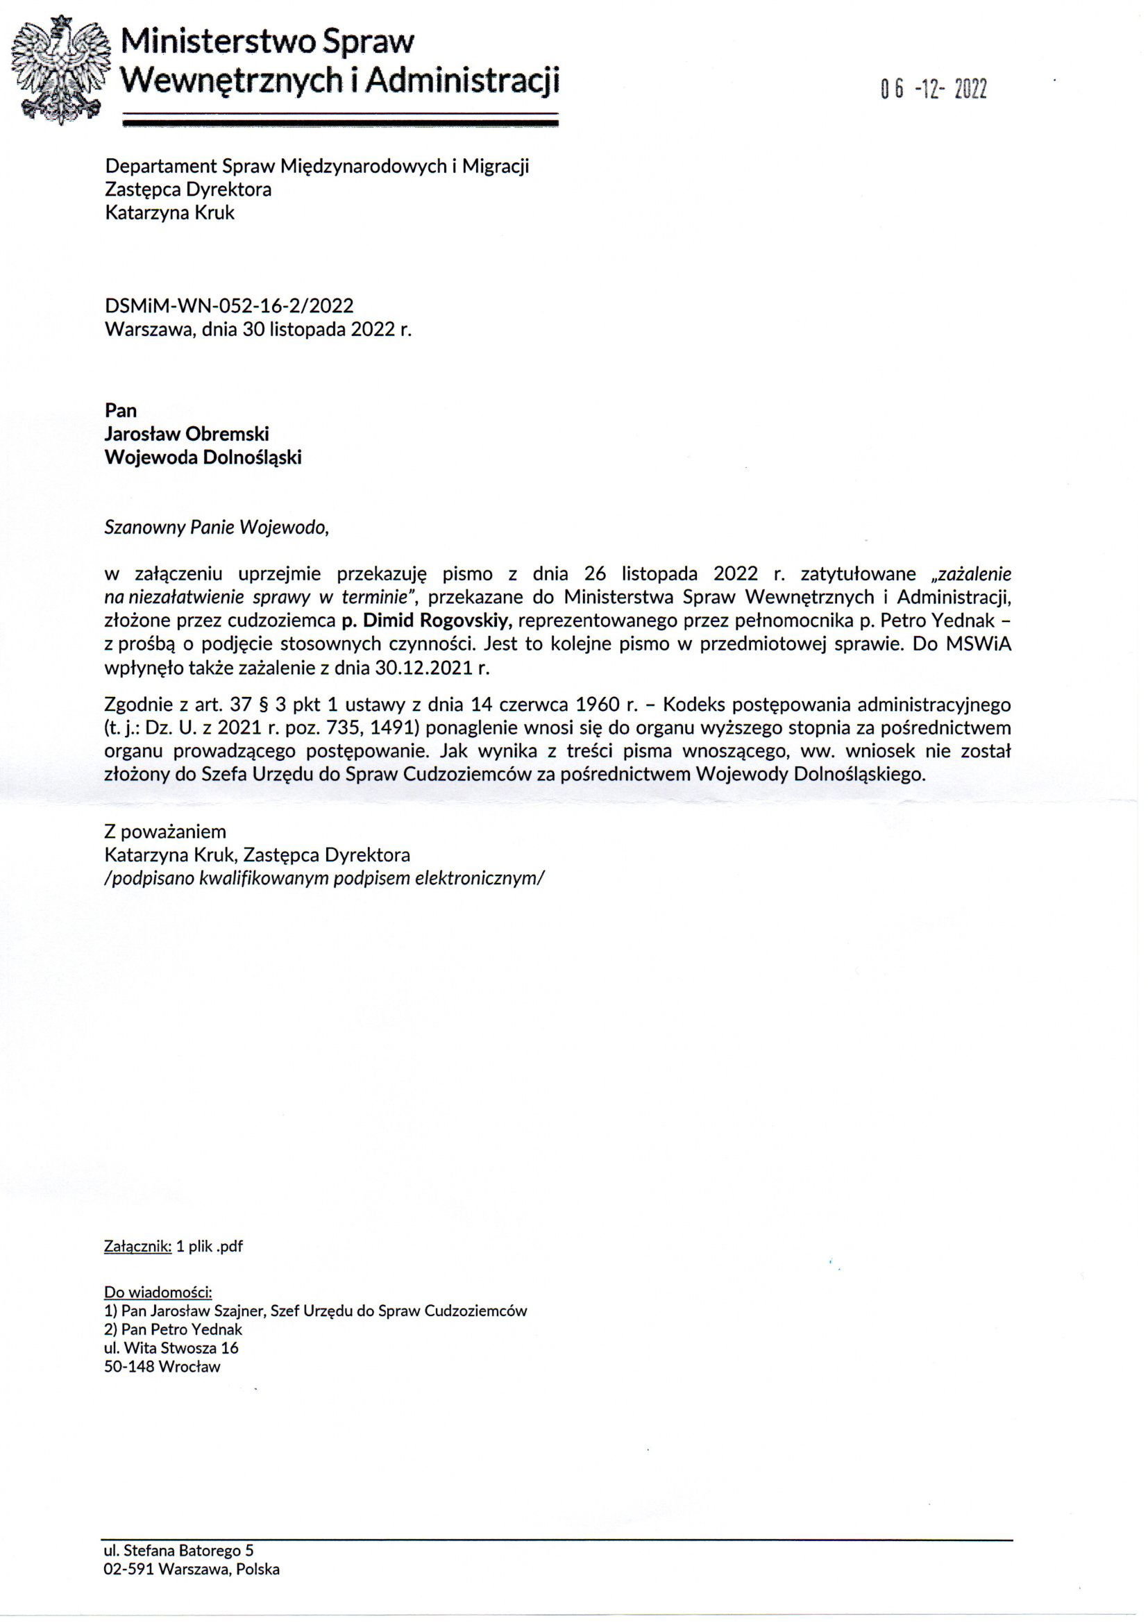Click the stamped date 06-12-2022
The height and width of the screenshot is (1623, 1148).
click(932, 90)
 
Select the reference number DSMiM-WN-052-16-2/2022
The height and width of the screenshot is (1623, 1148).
click(229, 305)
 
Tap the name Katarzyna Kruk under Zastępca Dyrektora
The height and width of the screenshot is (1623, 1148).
click(169, 213)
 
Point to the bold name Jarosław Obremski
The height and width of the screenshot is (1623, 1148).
click(187, 433)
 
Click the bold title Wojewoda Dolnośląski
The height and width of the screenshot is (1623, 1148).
click(203, 457)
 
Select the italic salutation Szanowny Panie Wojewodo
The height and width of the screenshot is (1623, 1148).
click(217, 528)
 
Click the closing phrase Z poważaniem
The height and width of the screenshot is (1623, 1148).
click(164, 832)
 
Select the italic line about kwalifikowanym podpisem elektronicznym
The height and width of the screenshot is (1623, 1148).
click(324, 879)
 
